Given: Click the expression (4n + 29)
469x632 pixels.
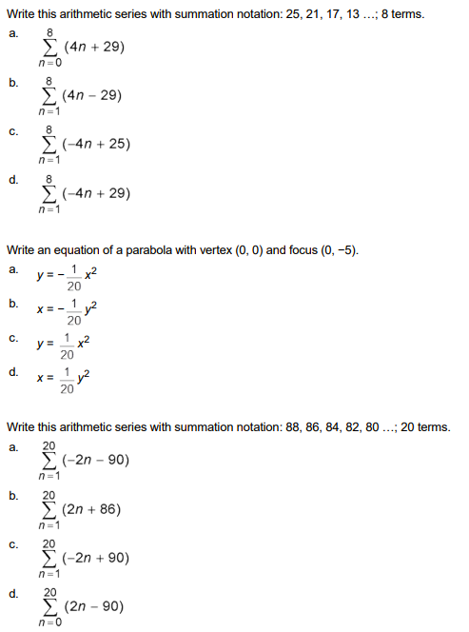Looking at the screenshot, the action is click(x=93, y=47).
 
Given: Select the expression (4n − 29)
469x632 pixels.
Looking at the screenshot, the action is click(x=93, y=96).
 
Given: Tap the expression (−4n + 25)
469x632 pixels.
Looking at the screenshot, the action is click(x=97, y=145).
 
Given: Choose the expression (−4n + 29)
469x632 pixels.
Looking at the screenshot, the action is click(x=97, y=193).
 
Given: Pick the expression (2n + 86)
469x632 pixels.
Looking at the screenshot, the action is click(x=91, y=509).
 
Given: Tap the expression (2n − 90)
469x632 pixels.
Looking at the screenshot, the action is click(x=92, y=606).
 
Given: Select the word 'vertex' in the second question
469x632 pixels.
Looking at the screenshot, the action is click(x=206, y=250).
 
